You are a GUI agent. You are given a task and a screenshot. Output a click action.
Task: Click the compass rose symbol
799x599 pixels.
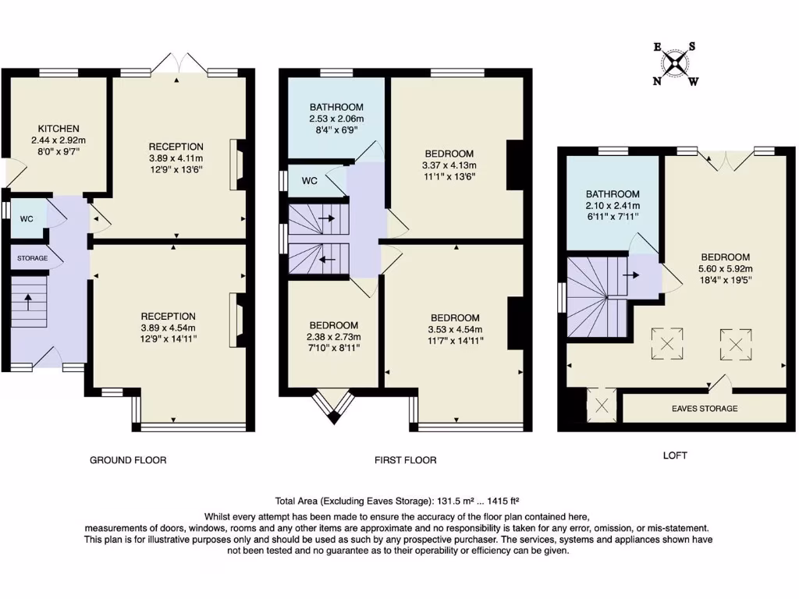(676, 63)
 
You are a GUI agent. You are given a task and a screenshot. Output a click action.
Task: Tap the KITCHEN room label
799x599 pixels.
(59, 129)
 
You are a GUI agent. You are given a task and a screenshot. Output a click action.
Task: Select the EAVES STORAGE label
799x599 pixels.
(704, 408)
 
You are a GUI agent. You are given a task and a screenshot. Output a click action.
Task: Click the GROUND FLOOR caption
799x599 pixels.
(128, 460)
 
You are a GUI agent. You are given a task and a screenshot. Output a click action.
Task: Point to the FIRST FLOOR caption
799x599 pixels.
(406, 460)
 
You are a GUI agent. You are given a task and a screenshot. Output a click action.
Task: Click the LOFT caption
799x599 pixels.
(675, 455)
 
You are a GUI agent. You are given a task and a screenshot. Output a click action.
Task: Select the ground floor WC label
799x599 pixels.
(27, 219)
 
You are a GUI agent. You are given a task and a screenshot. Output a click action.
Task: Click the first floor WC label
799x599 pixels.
(309, 181)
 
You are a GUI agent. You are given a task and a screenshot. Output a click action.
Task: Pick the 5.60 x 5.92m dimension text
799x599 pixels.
(725, 270)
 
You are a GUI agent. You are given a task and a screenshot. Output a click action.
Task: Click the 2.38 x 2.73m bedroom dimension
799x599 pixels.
(333, 337)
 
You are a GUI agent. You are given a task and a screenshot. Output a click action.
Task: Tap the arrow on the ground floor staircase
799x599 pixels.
(27, 299)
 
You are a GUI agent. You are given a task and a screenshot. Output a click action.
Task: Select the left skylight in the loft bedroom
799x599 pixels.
(667, 343)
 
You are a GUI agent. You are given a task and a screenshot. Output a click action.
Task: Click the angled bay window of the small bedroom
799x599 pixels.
(333, 406)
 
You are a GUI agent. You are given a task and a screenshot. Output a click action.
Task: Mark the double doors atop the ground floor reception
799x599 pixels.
(179, 62)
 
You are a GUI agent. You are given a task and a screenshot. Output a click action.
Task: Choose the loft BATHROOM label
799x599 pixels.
(613, 194)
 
